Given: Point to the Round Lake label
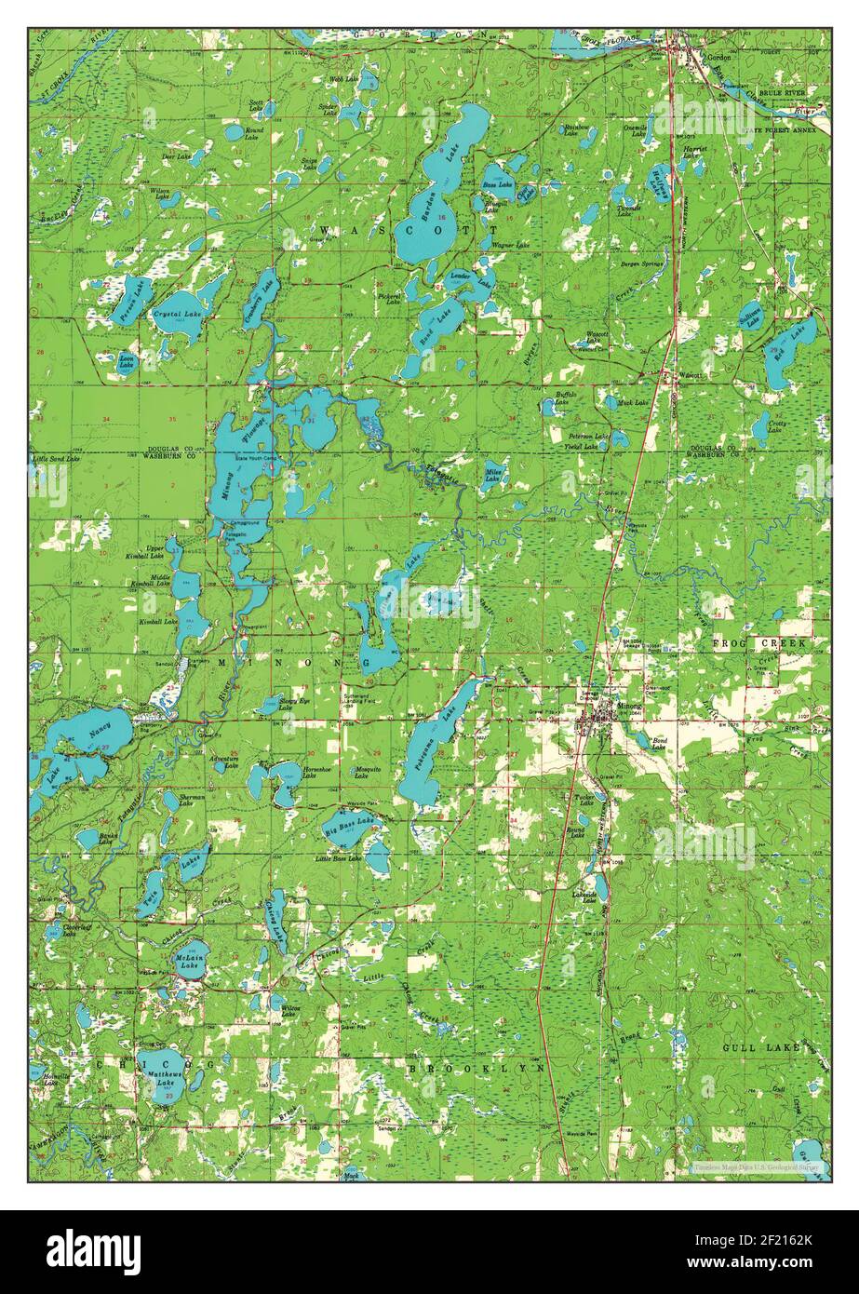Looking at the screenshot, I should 253,133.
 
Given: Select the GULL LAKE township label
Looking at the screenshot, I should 762,1047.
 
